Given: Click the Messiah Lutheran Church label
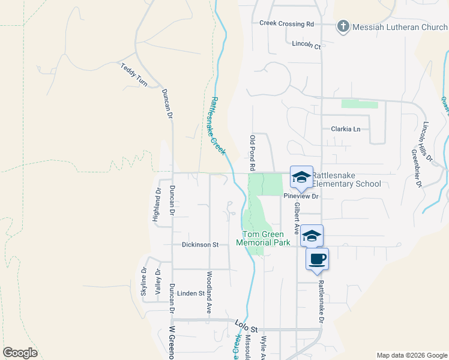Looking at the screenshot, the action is point(400,27).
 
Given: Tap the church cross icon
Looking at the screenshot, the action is point(343,27).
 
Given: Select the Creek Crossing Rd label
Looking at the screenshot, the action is point(287,24).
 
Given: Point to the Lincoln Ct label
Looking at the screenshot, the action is point(306,44).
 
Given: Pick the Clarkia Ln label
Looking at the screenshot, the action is point(346,129).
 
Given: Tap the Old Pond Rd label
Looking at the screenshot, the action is point(253,151).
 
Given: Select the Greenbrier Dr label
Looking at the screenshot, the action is point(415,169).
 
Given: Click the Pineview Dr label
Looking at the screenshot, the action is point(301,196).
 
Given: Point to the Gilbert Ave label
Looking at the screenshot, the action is point(297,218).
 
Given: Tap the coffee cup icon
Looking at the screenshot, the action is point(318,259).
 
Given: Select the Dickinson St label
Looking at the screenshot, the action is point(200,245).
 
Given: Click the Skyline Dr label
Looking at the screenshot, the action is point(144,280).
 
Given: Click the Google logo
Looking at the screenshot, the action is point(20,353).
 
